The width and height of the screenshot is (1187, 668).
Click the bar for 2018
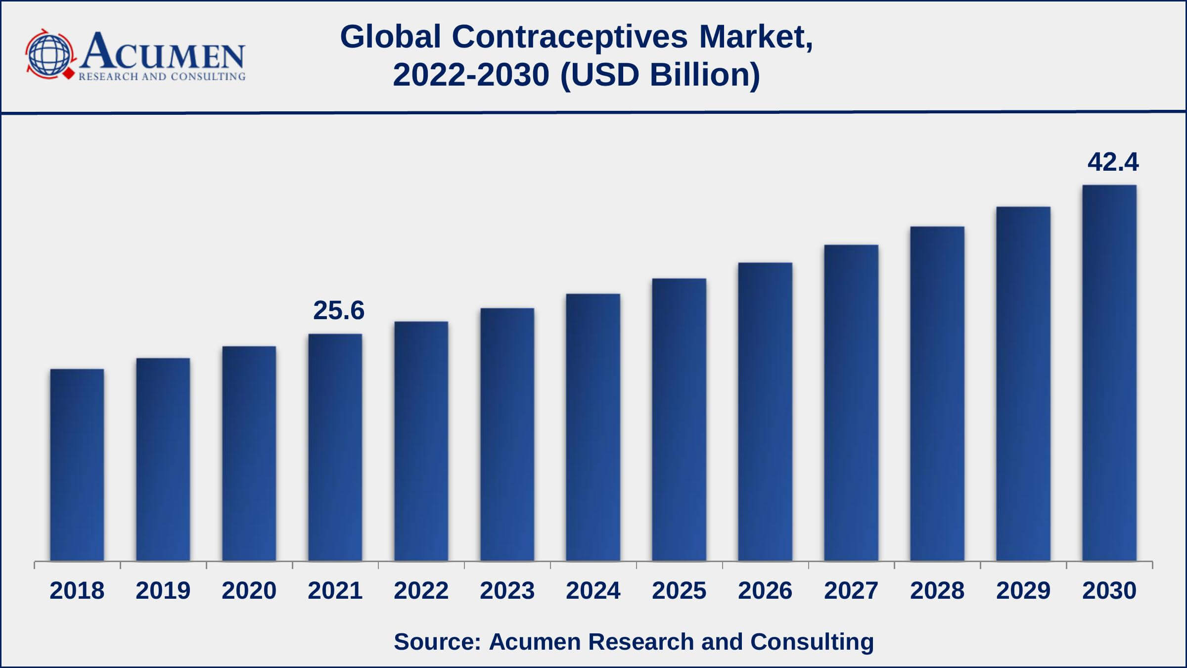click(77, 465)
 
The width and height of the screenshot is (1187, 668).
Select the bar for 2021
click(335, 448)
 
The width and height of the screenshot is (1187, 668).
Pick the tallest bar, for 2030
click(1109, 373)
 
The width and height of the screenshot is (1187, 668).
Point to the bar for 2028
click(937, 394)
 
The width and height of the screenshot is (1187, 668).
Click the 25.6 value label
click(339, 311)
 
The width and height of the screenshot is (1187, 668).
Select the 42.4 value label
click(1113, 162)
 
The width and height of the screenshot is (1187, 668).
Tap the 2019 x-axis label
click(163, 591)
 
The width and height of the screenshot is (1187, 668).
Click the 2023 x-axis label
click(507, 591)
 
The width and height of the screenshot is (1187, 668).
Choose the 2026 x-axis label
click(765, 591)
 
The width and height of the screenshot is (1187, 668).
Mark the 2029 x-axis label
click(1023, 591)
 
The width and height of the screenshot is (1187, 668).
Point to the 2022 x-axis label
click(421, 591)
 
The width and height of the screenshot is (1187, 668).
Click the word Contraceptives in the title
click(570, 37)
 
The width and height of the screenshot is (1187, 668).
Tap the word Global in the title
click(391, 37)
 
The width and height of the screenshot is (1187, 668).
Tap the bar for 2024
click(593, 428)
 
